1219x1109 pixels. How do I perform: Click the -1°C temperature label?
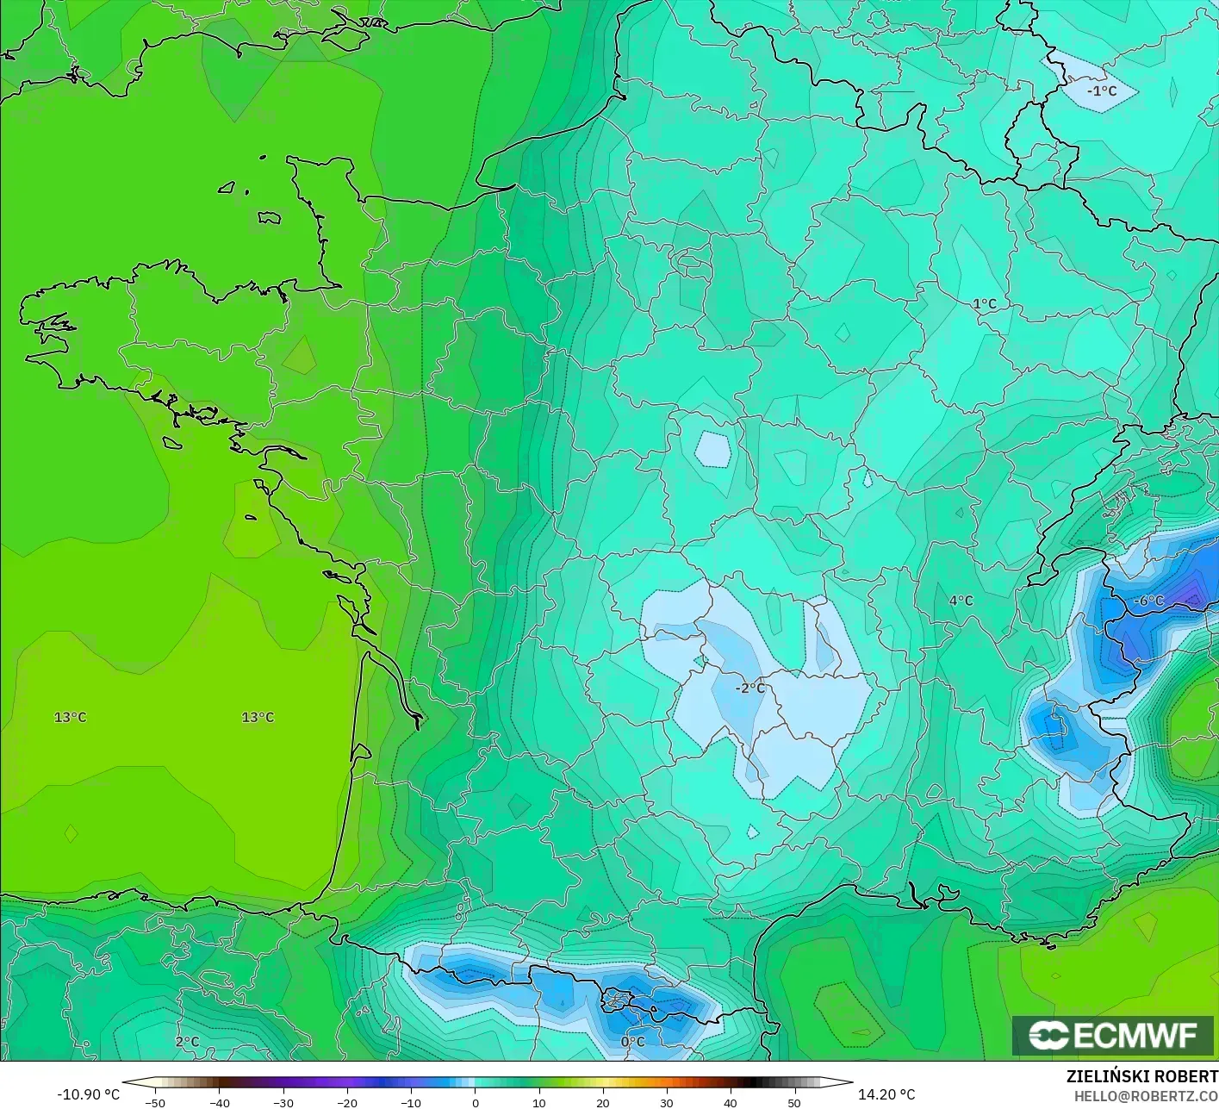[1101, 90]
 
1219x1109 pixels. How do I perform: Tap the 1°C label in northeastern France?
[985, 303]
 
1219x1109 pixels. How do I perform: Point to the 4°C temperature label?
[961, 601]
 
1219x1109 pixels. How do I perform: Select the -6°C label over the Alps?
[1148, 601]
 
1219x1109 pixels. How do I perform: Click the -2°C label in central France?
[749, 688]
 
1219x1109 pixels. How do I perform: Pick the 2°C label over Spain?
[187, 1041]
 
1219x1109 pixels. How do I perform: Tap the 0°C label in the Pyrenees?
[632, 1041]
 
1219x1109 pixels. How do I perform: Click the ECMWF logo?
[1113, 1035]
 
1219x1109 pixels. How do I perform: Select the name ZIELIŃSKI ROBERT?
[1141, 1076]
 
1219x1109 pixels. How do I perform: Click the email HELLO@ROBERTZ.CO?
[1146, 1095]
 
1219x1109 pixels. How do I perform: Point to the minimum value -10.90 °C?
[88, 1094]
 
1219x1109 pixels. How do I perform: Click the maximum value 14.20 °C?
[886, 1094]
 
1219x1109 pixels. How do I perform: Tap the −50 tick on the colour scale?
[155, 1102]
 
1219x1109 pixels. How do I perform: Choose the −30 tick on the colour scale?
[283, 1102]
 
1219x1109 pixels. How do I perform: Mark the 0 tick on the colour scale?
[475, 1102]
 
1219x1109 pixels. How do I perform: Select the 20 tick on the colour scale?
[602, 1102]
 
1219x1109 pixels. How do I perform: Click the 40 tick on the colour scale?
[730, 1102]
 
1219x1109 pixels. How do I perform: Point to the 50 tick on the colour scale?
[793, 1102]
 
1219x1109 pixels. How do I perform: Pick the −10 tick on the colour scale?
[410, 1102]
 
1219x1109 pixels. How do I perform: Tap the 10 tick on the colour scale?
[538, 1102]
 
